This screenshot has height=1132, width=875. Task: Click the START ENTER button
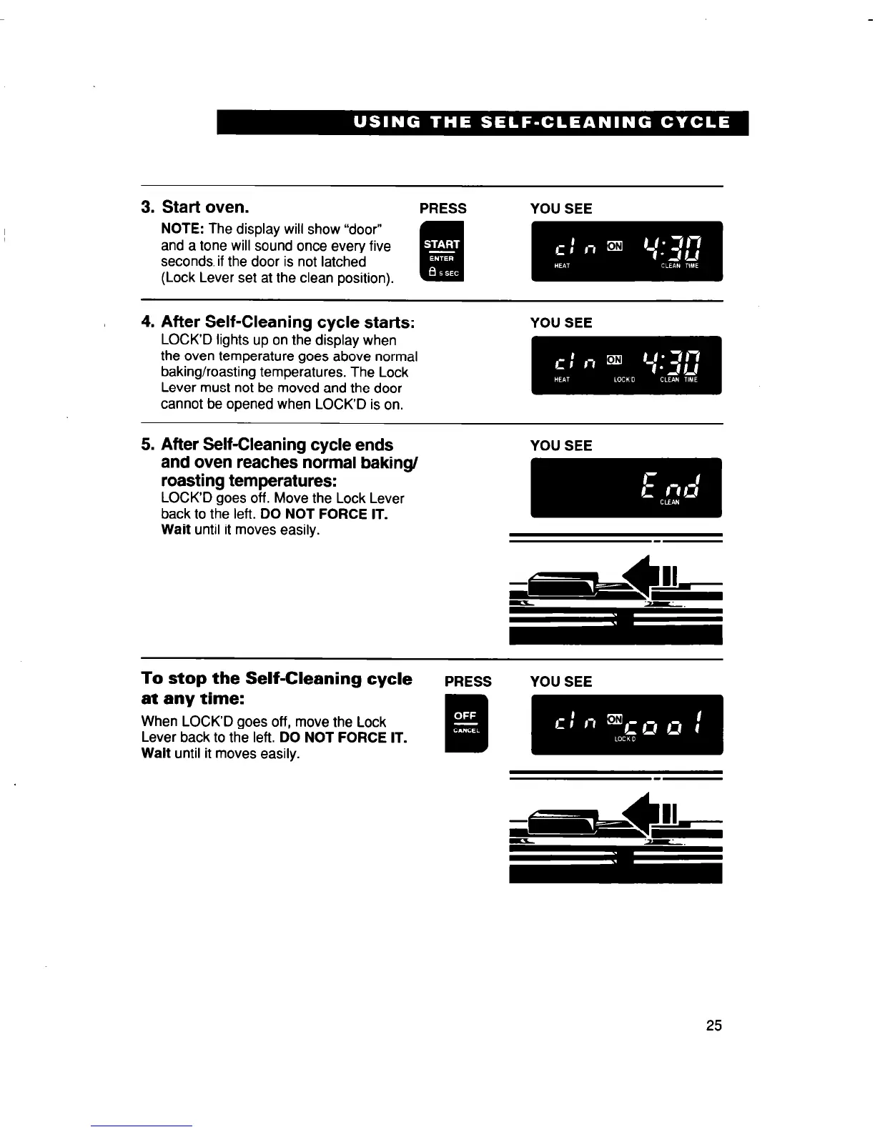(x=442, y=252)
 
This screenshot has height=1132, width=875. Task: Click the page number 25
(x=713, y=1026)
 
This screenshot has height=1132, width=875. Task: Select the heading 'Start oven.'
(x=205, y=207)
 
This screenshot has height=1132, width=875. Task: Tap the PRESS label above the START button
(x=443, y=209)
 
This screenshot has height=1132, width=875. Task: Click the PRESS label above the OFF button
(x=468, y=682)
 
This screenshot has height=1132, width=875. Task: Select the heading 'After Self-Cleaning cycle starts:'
(x=288, y=322)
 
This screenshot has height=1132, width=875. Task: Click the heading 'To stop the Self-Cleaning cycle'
(x=277, y=678)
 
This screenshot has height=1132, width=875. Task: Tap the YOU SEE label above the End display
(x=560, y=446)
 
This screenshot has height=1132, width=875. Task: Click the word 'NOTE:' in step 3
(x=183, y=229)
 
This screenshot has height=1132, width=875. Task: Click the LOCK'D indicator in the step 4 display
(x=624, y=380)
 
